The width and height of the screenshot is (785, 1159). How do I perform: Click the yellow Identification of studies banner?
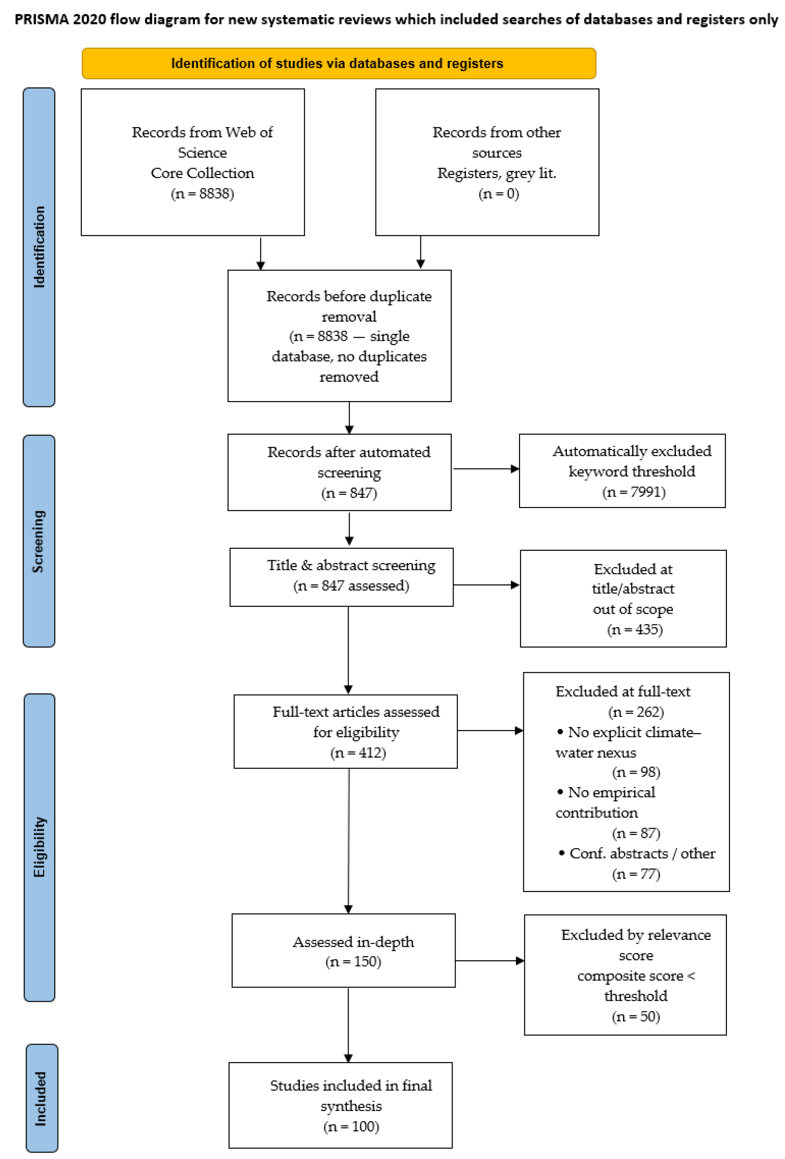(x=339, y=63)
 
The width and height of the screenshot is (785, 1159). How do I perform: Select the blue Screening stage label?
(x=39, y=541)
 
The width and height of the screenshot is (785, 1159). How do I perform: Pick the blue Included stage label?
(x=41, y=1098)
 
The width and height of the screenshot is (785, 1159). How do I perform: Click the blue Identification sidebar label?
(x=39, y=247)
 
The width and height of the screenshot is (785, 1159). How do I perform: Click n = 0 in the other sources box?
(x=499, y=194)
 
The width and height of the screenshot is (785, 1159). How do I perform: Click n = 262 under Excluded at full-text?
(x=636, y=712)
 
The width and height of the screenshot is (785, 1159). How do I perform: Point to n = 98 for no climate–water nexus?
(x=636, y=772)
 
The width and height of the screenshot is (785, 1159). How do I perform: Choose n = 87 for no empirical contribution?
(x=636, y=833)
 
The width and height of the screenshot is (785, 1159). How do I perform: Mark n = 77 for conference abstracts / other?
(x=636, y=874)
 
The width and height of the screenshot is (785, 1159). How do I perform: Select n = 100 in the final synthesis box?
(x=351, y=1126)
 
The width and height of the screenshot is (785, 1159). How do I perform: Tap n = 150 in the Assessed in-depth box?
(x=353, y=962)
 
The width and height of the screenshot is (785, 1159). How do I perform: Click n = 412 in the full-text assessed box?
(x=358, y=753)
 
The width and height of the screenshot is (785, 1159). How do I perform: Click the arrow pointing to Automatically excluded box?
(x=486, y=469)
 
